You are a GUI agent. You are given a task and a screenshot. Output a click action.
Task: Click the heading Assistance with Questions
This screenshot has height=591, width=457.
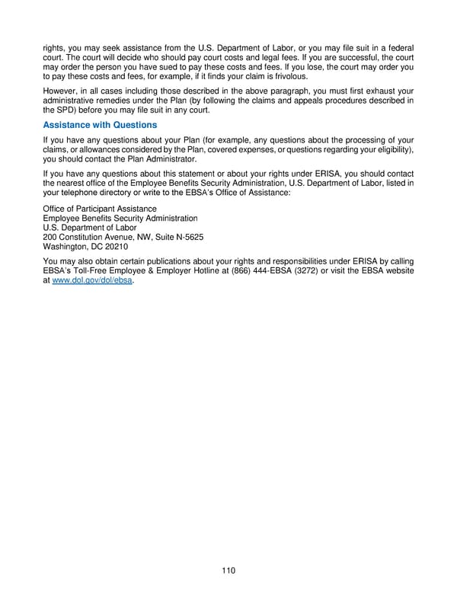100,125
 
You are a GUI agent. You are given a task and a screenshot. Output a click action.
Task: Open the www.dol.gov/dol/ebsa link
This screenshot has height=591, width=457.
96,281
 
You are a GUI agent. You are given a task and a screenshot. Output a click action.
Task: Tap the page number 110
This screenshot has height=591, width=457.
228,571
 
